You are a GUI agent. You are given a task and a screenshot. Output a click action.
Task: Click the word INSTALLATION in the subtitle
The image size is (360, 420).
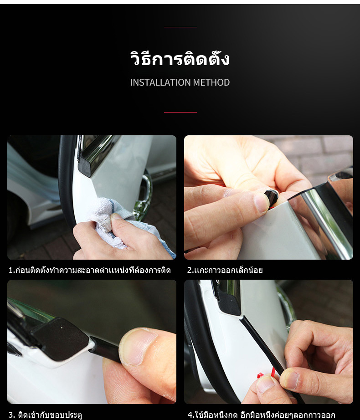click(160, 82)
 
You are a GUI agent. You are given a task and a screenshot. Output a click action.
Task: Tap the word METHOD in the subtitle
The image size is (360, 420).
click(211, 82)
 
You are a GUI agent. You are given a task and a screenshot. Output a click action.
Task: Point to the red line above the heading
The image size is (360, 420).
click(180, 27)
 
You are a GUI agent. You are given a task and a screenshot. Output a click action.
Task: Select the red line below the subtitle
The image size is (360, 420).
click(180, 112)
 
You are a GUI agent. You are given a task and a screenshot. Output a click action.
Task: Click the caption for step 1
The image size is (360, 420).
click(89, 270)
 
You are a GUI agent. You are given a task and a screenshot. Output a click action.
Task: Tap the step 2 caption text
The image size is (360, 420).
click(225, 270)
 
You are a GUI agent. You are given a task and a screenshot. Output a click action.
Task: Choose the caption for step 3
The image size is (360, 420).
click(45, 415)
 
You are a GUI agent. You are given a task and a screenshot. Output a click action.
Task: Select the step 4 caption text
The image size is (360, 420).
click(262, 415)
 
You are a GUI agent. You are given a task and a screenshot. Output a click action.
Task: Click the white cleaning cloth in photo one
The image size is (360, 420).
click(113, 221)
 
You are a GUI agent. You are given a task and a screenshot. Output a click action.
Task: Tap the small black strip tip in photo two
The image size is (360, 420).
click(271, 197)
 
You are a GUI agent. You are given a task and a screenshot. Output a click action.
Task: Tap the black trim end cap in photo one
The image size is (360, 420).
click(85, 167)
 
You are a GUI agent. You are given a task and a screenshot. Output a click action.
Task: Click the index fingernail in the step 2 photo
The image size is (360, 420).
click(261, 202)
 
